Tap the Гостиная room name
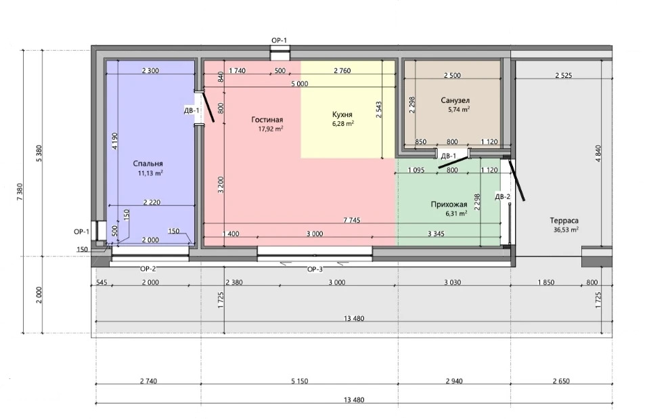point(267,120)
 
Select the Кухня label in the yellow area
point(342,114)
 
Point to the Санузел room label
point(455,100)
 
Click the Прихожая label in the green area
point(449,204)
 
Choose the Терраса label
point(564,221)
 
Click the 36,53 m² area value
point(566,229)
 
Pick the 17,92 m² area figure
point(270,129)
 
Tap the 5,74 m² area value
point(459,110)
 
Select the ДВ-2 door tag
point(503,197)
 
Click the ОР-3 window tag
point(315,269)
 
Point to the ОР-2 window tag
point(148,269)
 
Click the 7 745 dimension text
point(351,220)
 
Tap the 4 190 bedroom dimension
point(114,141)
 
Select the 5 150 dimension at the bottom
point(300,381)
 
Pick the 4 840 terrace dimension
point(598,153)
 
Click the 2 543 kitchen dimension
point(379,110)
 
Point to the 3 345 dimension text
point(436,234)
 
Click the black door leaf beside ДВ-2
point(516,180)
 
